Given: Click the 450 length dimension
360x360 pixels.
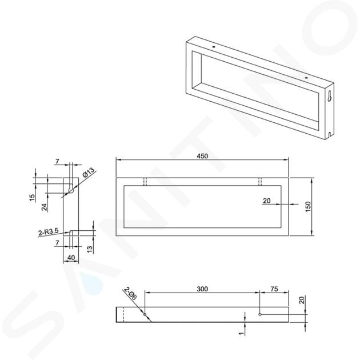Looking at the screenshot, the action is (202, 156).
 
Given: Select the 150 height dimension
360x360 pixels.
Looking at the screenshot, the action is (308, 206).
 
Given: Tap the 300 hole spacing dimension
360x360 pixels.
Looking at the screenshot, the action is (202, 289).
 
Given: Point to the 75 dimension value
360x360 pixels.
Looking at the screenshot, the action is (274, 289).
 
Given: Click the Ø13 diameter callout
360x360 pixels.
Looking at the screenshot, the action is (89, 173).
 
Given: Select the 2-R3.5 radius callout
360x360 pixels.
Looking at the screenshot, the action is (49, 232).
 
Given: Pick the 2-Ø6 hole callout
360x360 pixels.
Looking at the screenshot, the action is (130, 294).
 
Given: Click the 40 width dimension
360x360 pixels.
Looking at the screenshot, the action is (71, 258).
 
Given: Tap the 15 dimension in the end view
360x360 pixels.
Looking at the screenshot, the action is (33, 198).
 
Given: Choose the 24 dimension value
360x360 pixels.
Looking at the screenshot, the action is (45, 207).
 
